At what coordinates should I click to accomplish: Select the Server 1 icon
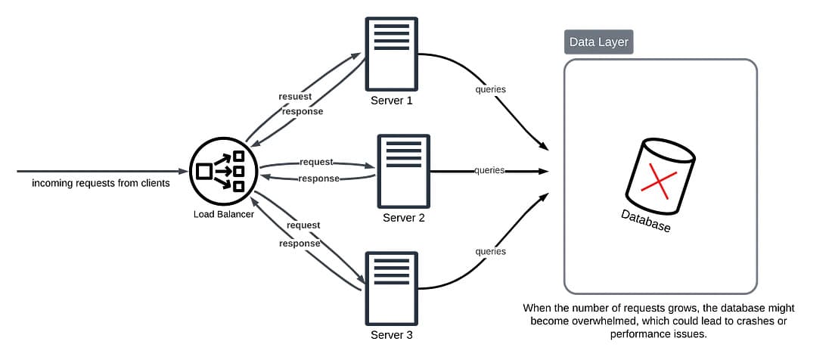click(391, 53)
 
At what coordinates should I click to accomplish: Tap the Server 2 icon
click(403, 170)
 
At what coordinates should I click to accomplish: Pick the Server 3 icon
click(391, 287)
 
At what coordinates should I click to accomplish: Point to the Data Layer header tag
click(598, 42)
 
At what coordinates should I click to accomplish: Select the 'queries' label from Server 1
click(490, 89)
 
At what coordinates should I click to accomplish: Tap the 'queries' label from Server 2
click(489, 170)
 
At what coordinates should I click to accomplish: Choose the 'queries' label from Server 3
click(490, 251)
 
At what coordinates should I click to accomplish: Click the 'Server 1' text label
click(391, 101)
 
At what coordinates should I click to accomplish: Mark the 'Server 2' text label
click(403, 218)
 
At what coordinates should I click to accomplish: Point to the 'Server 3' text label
click(391, 334)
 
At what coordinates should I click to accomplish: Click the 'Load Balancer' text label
click(223, 214)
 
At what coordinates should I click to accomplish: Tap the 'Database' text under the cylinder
click(645, 220)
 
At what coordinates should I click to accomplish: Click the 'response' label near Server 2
click(318, 178)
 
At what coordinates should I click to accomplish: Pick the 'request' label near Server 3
click(303, 225)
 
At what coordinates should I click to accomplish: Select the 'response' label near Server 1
click(303, 111)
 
